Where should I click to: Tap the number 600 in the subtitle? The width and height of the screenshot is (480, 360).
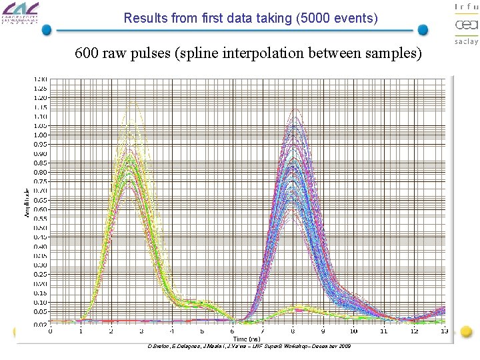point(87,53)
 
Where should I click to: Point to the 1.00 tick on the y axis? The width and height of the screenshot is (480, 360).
point(40,135)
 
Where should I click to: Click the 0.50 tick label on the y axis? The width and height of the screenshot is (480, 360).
point(40,227)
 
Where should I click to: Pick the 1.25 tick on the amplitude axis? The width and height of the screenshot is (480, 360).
point(40,88)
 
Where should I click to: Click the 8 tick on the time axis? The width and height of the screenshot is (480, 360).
point(293,331)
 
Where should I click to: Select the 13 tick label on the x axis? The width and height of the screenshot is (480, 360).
point(445,331)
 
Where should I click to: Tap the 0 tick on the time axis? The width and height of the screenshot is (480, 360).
point(51,331)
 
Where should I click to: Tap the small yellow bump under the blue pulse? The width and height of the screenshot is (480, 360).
point(293,308)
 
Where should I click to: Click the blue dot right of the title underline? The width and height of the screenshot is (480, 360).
point(423,30)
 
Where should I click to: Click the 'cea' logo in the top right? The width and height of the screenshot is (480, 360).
point(466,25)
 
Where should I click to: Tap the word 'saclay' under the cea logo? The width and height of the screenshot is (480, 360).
point(466,41)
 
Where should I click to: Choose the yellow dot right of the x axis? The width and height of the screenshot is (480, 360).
point(467,331)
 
